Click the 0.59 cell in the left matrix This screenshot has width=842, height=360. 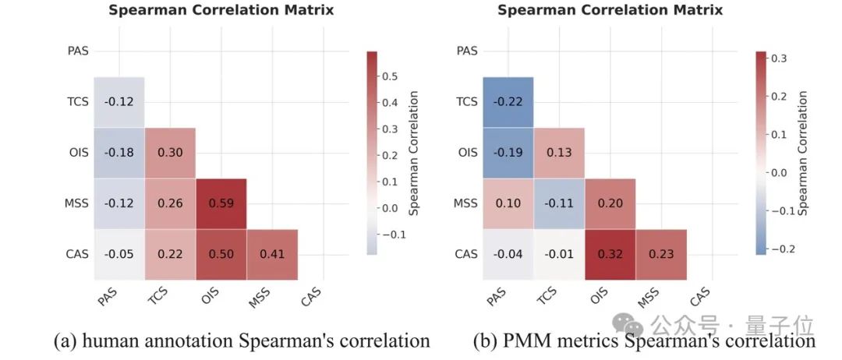coord(221,204)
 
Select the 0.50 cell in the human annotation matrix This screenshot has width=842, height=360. coord(221,255)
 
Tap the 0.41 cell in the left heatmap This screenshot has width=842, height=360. coord(272,255)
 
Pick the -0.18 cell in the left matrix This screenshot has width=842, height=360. coord(119,154)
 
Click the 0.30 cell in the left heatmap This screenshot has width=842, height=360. coord(170,154)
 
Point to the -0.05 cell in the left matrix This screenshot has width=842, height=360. coord(119,255)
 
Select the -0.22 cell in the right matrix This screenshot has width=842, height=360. coord(508,102)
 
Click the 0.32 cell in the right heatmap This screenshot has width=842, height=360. coord(610,255)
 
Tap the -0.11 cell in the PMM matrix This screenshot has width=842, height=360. coord(559,204)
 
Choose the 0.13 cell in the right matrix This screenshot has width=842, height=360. coord(559,154)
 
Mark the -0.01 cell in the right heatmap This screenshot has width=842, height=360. coord(559,255)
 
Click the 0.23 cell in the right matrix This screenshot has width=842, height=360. coord(661,255)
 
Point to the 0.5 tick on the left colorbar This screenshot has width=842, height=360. coord(390,76)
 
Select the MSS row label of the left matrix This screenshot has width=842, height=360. coord(77,204)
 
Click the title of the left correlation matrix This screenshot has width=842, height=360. coord(221,10)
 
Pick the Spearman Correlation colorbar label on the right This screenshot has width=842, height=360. coord(803,153)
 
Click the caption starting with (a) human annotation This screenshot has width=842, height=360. coord(242,341)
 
